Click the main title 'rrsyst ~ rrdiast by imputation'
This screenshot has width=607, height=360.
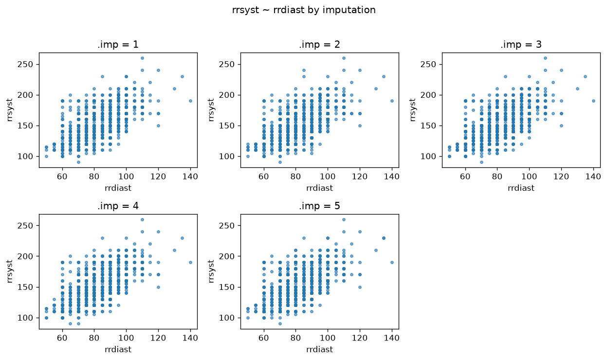pyautogui.click(x=304, y=10)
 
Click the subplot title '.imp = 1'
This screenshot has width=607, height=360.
pyautogui.click(x=118, y=44)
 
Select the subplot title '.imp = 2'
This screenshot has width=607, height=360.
pyautogui.click(x=319, y=44)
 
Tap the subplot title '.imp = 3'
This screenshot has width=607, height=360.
pyautogui.click(x=521, y=44)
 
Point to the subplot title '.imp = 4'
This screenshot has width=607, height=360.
pyautogui.click(x=118, y=206)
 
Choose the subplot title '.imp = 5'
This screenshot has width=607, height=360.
pyautogui.click(x=319, y=206)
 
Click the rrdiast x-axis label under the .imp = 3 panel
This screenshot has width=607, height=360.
pyautogui.click(x=521, y=188)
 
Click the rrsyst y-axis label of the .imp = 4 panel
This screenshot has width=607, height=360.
pyautogui.click(x=10, y=271)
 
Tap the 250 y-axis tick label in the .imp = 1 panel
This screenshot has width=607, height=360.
pyautogui.click(x=25, y=65)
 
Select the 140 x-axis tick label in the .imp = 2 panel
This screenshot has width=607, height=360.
pyautogui.click(x=391, y=177)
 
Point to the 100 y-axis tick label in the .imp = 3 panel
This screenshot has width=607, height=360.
pyautogui.click(x=428, y=156)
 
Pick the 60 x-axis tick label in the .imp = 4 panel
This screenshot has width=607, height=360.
pyautogui.click(x=62, y=338)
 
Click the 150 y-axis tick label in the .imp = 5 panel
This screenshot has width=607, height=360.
pyautogui.click(x=227, y=287)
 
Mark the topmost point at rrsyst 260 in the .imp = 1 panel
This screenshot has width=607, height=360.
pyautogui.click(x=142, y=58)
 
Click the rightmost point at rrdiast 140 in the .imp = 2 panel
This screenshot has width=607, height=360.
pyautogui.click(x=392, y=101)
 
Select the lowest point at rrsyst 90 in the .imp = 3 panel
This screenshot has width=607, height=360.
pyautogui.click(x=481, y=162)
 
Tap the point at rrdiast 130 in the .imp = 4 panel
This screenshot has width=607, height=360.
pyautogui.click(x=175, y=250)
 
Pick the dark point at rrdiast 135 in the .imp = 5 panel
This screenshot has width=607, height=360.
pyautogui.click(x=384, y=238)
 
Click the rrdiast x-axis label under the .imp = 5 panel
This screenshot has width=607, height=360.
pyautogui.click(x=319, y=349)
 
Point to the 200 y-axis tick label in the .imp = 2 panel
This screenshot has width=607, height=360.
pyautogui.click(x=227, y=95)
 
